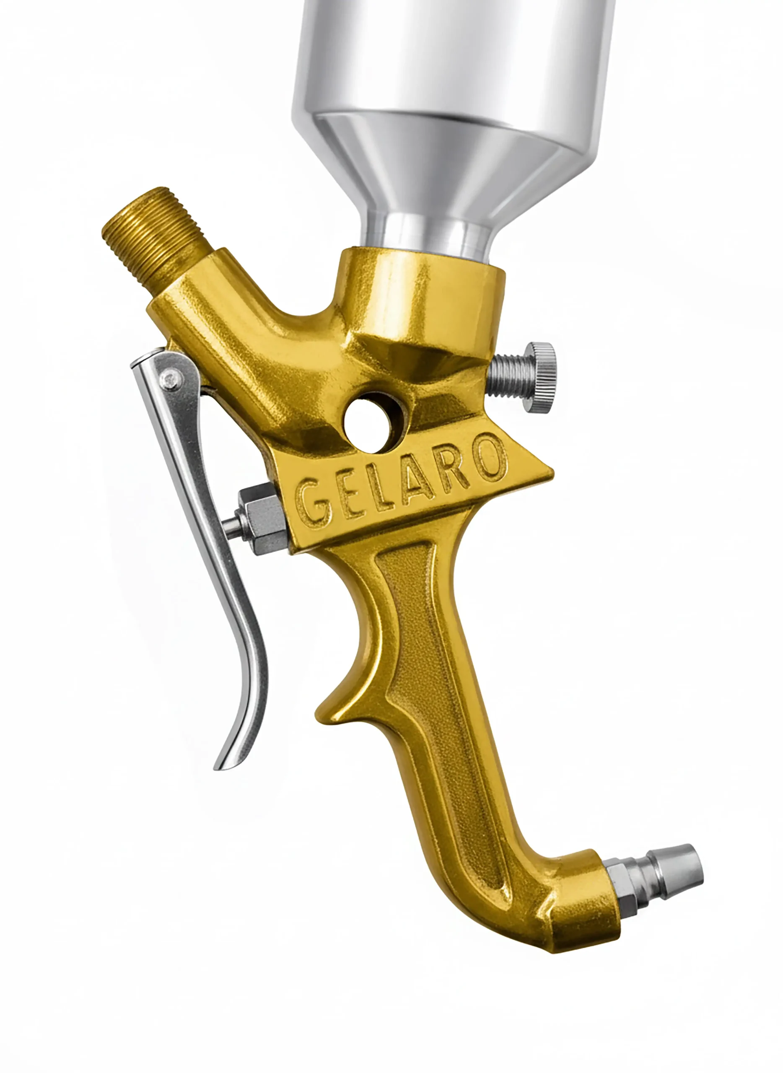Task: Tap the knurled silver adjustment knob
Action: point(543,378)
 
